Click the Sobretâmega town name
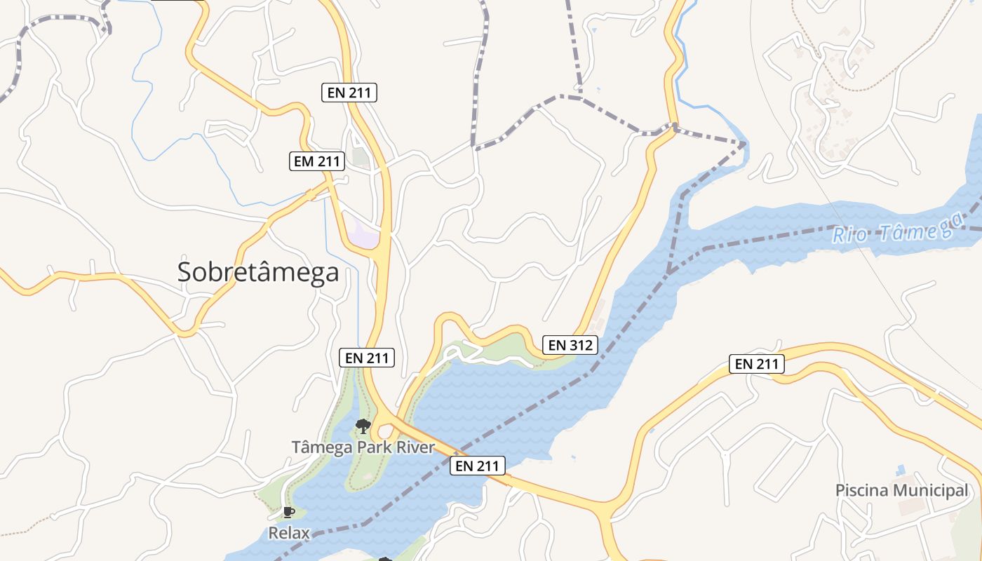pos(258,272)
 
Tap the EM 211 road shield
pos(317,161)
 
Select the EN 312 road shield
pos(570,345)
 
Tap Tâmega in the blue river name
pos(910,229)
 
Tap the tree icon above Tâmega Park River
pos(363,425)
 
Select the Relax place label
pos(289,533)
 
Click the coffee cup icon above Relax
pos(288,512)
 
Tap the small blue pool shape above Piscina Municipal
pos(901,468)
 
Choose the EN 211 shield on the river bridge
pos(478,466)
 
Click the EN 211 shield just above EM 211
pos(349,92)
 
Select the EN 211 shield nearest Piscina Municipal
pos(756,364)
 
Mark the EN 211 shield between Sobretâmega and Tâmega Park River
pos(367,358)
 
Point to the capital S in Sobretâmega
pos(185,272)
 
